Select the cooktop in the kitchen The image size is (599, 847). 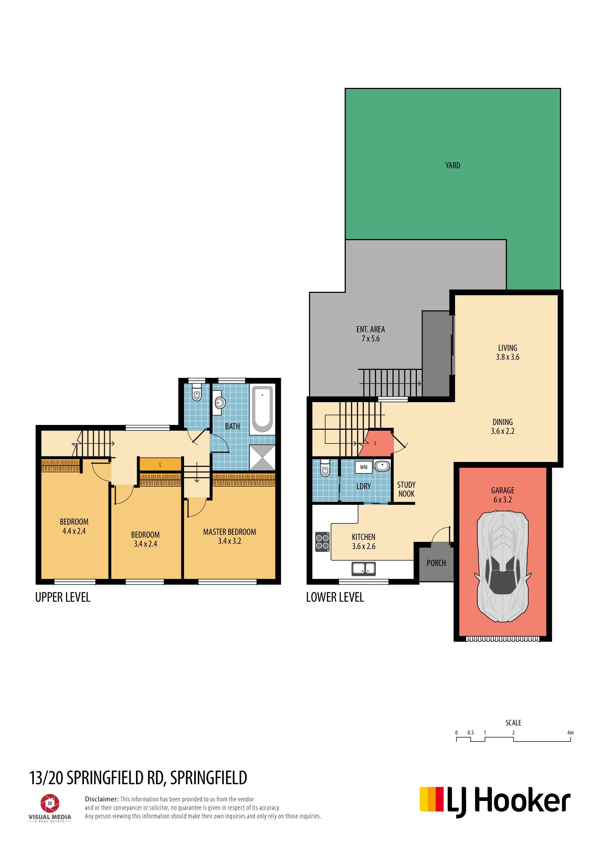pyautogui.click(x=322, y=542)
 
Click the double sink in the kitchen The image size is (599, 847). pyautogui.click(x=364, y=568)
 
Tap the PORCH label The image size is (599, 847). pyautogui.click(x=436, y=563)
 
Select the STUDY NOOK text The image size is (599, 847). pyautogui.click(x=406, y=489)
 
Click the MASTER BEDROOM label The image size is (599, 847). pyautogui.click(x=229, y=532)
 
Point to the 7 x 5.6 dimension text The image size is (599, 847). pyautogui.click(x=371, y=339)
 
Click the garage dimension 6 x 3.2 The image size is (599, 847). pyautogui.click(x=503, y=500)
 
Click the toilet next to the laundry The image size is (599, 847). pyautogui.click(x=325, y=468)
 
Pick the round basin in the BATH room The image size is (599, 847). pyautogui.click(x=220, y=403)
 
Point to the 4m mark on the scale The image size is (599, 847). pyautogui.click(x=570, y=733)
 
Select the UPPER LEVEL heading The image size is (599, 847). pyautogui.click(x=63, y=597)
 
